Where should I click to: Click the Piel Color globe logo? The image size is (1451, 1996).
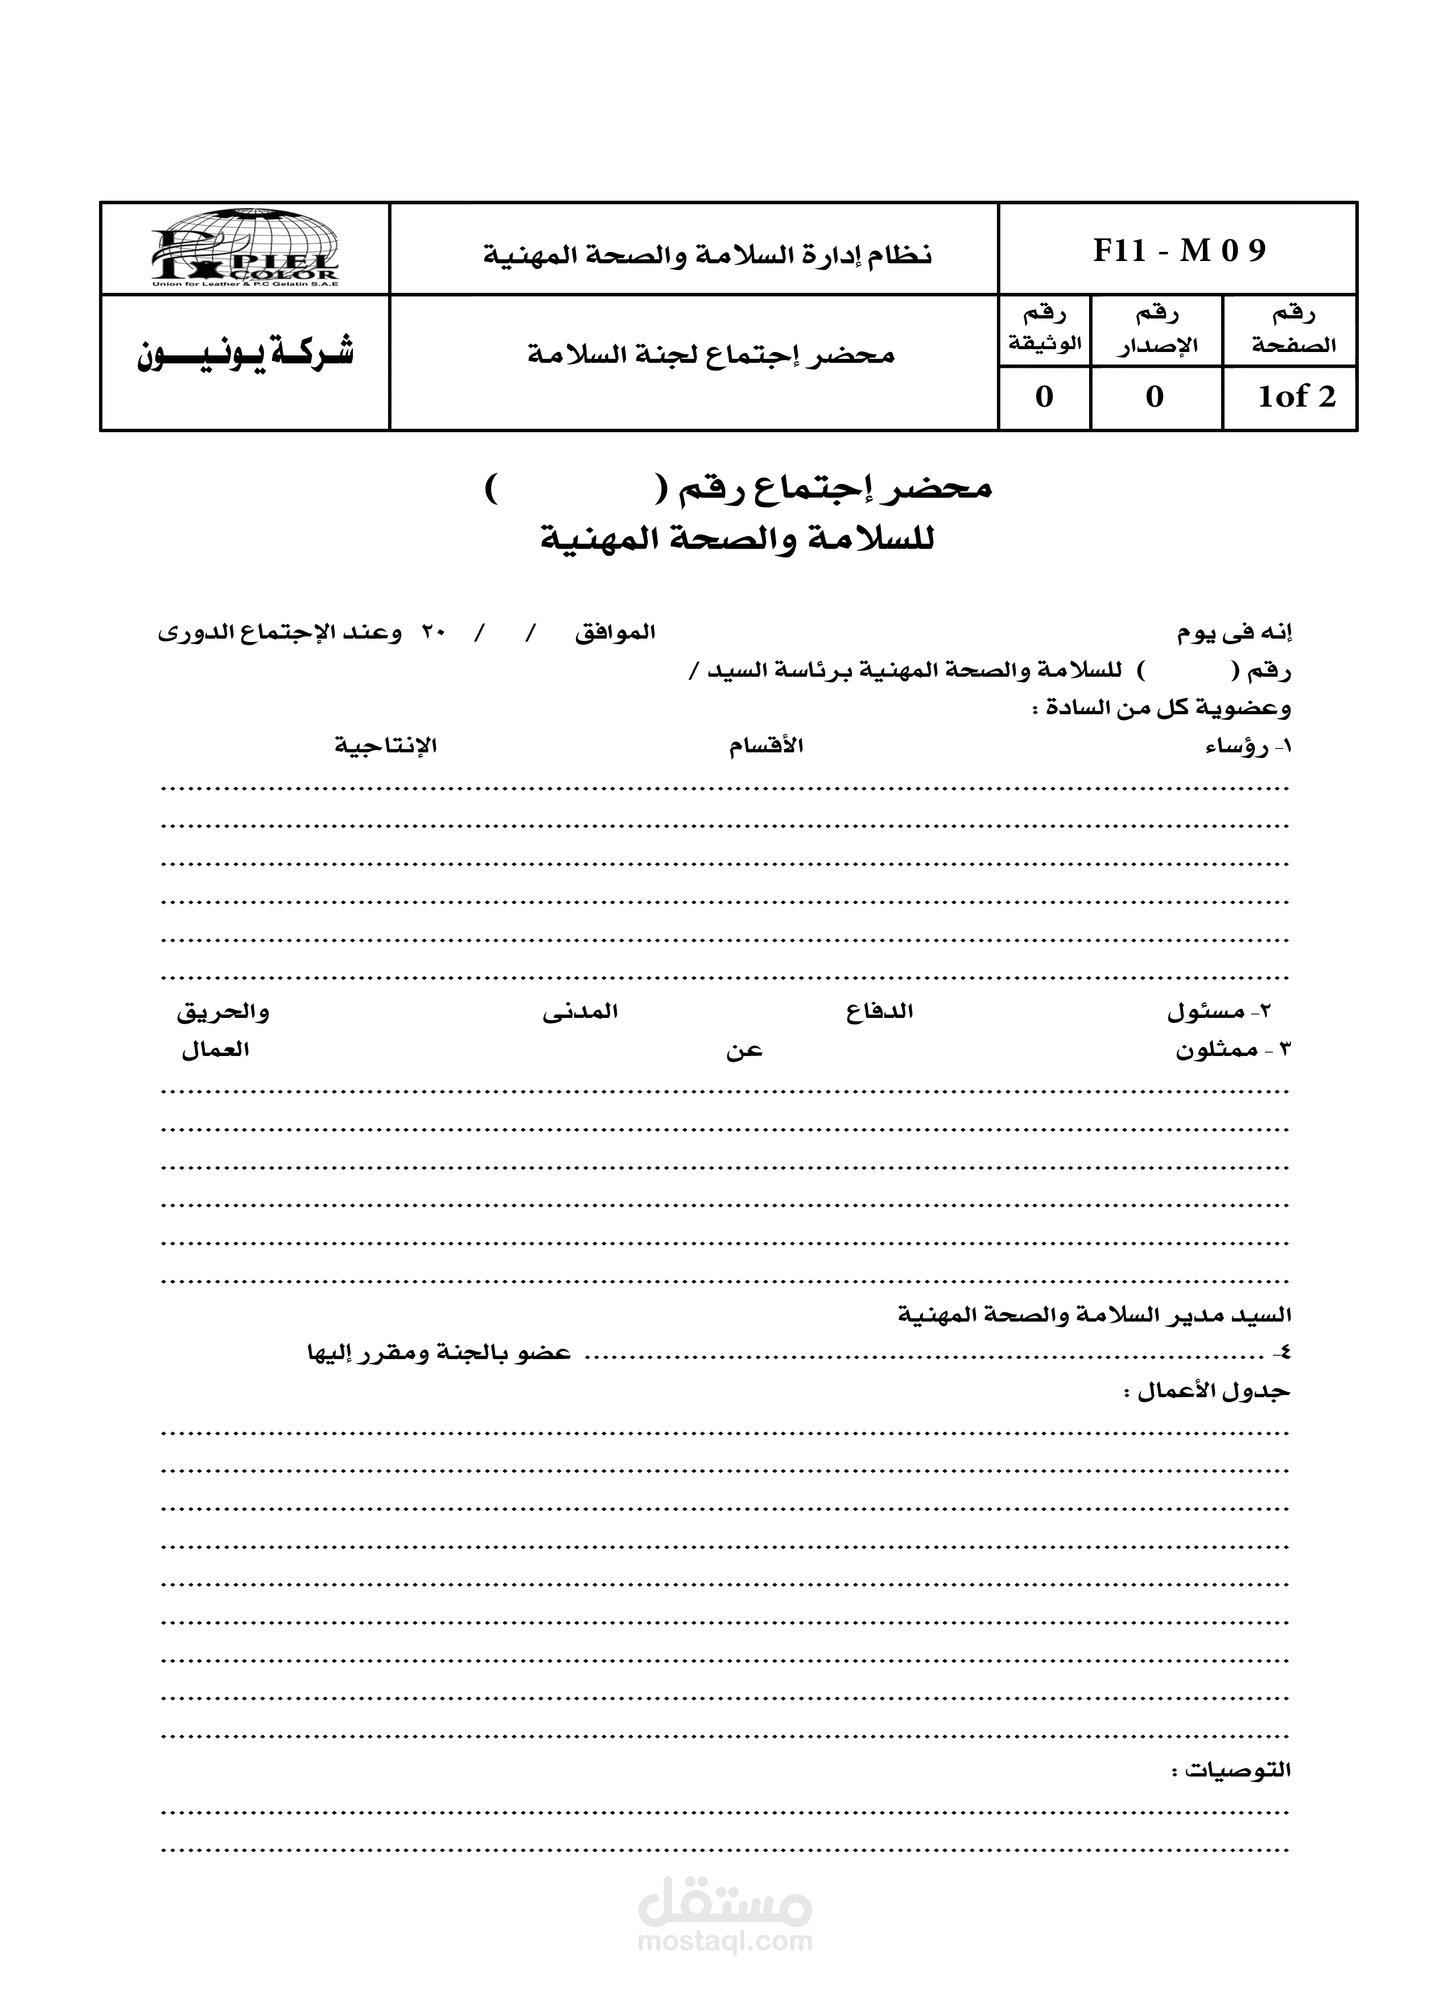point(244,248)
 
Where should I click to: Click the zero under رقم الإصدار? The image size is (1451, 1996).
point(1155,397)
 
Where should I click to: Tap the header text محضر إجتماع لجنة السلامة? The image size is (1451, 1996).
point(711,355)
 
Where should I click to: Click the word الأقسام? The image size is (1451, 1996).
point(766,746)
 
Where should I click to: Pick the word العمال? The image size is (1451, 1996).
point(216,1050)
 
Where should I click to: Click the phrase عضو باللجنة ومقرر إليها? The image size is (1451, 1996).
point(439,1353)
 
